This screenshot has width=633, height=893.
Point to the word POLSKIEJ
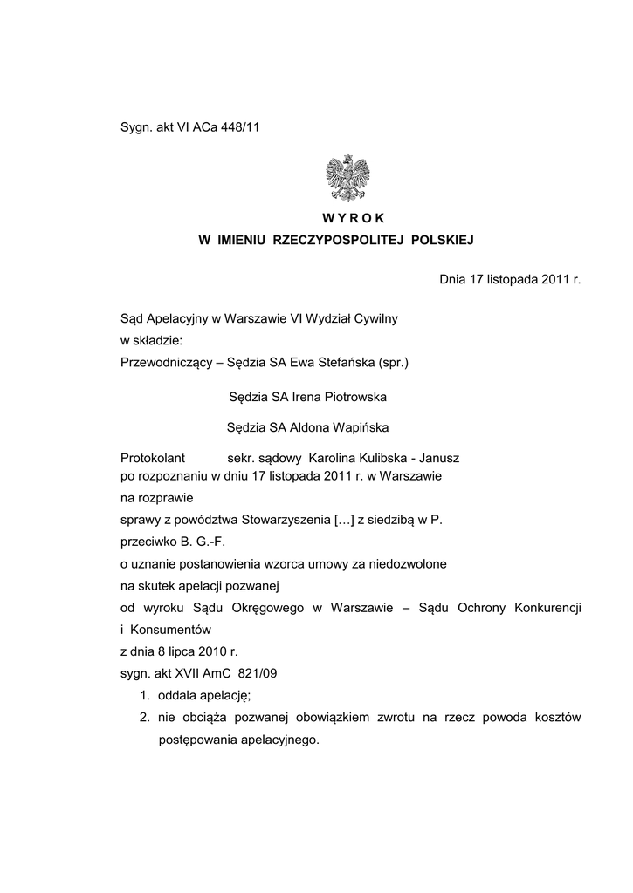tap(442, 239)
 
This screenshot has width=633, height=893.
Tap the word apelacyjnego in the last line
tap(279, 740)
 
